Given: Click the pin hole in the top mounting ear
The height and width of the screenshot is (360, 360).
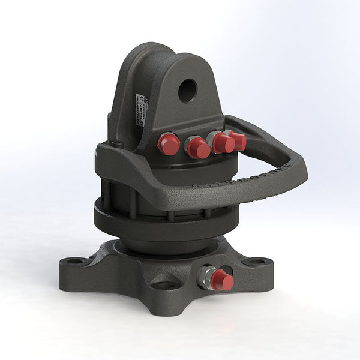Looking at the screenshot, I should (x=187, y=91).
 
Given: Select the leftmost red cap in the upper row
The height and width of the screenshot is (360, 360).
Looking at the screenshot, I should (x=169, y=144).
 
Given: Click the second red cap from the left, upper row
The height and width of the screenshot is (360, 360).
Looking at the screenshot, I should (x=197, y=148).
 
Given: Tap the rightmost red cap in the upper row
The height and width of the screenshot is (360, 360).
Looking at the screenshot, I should (x=238, y=141).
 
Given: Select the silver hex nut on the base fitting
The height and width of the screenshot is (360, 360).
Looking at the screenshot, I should (x=206, y=277).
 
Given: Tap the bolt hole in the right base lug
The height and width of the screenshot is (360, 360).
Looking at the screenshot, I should (x=256, y=262).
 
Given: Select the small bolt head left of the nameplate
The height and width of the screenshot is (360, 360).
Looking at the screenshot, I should (x=117, y=144).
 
